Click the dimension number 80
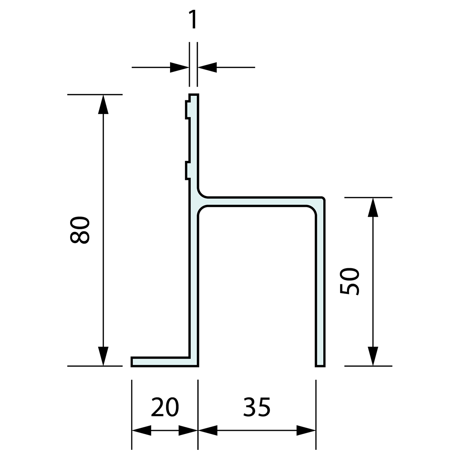(x=80, y=230)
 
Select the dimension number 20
(x=165, y=407)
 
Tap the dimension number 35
(x=257, y=407)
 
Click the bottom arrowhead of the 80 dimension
(x=103, y=356)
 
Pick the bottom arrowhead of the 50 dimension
(x=373, y=356)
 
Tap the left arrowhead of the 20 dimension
(x=142, y=430)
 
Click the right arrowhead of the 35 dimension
(x=306, y=430)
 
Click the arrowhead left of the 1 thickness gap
(x=180, y=67)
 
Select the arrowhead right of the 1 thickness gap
(x=207, y=67)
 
